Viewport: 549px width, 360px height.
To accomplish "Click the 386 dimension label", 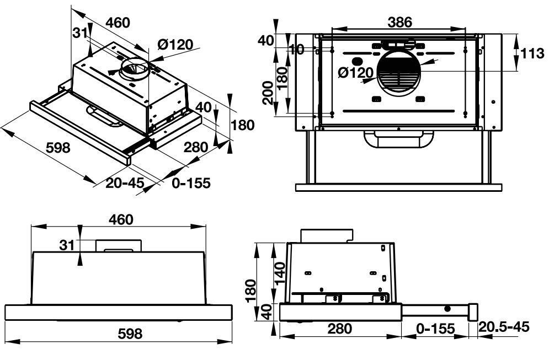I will [399, 22].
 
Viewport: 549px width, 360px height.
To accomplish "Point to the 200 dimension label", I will [267, 92].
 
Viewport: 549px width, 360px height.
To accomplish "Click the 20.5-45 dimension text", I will [505, 327].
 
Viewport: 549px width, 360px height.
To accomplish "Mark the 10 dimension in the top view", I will [297, 50].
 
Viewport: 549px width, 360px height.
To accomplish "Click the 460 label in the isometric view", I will [118, 23].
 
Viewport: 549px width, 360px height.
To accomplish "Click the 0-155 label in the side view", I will [436, 329].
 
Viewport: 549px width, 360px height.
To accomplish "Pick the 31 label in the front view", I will [66, 245].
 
